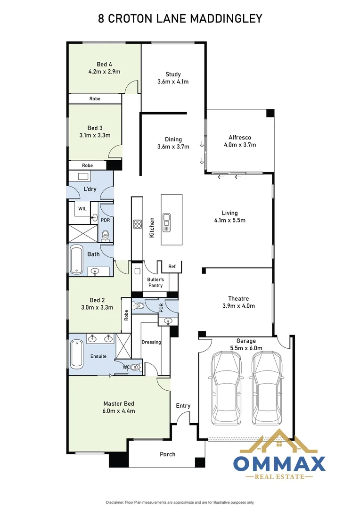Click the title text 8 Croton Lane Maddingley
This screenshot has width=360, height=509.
click(180, 18)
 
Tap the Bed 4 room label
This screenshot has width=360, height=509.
click(104, 64)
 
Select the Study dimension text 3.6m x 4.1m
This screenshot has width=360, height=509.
click(173, 82)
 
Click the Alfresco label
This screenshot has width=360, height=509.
click(240, 137)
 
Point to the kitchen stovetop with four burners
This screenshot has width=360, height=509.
click(138, 224)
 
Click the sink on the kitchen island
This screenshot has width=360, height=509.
click(167, 223)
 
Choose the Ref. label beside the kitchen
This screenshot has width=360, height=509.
click(172, 267)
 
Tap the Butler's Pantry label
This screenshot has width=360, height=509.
click(155, 282)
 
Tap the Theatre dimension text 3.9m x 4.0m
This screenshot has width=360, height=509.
click(238, 306)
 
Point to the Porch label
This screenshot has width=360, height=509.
click(167, 454)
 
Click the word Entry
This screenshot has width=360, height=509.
click(183, 406)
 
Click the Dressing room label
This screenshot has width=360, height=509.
click(151, 342)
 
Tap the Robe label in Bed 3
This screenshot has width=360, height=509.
click(87, 165)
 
